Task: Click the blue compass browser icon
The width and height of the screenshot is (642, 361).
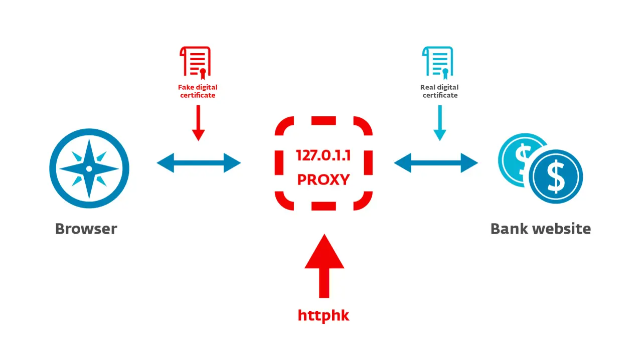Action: (89, 168)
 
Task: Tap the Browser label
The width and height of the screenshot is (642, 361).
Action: (86, 229)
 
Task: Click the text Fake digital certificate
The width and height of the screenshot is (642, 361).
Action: (198, 91)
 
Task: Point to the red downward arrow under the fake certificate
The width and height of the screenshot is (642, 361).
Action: (199, 123)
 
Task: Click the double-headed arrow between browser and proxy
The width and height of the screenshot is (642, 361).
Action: (199, 163)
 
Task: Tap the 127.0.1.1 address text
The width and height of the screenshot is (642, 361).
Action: (323, 155)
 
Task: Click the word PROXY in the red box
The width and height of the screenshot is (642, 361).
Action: (323, 179)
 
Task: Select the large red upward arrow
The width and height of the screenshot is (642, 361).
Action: (324, 266)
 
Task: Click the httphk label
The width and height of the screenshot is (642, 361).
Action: (324, 315)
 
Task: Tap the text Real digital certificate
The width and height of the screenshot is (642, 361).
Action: (440, 91)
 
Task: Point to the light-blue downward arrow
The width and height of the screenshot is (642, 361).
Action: (440, 123)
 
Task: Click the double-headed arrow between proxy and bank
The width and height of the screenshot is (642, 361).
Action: (436, 163)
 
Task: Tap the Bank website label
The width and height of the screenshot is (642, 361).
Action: (540, 229)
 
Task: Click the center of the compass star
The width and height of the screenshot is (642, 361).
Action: (89, 168)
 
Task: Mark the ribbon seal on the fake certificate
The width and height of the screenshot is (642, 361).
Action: (203, 74)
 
